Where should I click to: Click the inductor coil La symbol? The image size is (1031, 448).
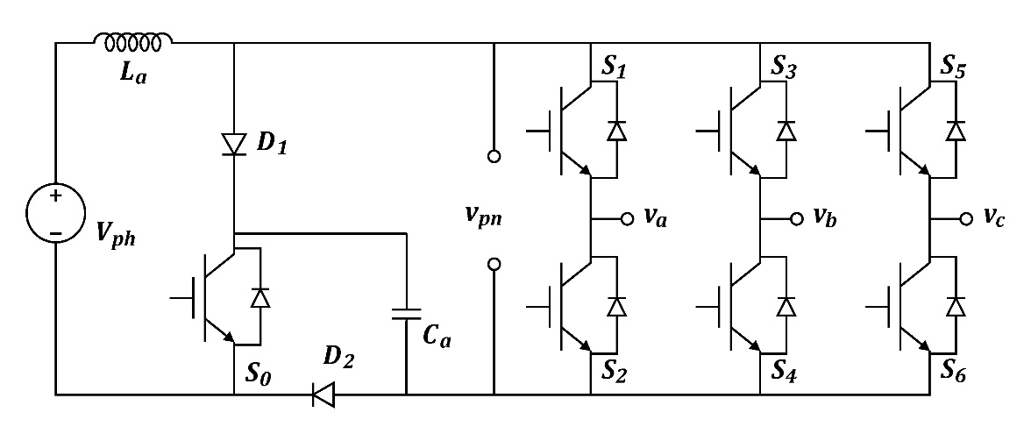[x=133, y=41]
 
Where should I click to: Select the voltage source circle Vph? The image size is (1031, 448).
[x=55, y=215]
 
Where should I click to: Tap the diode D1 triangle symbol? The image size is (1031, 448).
[x=234, y=144]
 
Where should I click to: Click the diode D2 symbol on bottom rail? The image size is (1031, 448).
[x=324, y=395]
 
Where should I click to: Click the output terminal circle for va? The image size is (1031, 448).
[x=627, y=218]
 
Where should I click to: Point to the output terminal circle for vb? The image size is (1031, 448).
[x=796, y=218]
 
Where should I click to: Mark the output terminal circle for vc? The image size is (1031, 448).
[x=965, y=218]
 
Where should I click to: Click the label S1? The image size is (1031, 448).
[x=613, y=67]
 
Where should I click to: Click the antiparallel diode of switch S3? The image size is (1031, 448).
[x=786, y=131]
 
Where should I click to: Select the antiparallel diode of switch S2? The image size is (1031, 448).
[x=617, y=306]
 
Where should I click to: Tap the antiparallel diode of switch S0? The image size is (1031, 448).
[x=260, y=298]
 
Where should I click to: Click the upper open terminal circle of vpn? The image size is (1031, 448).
[x=494, y=157]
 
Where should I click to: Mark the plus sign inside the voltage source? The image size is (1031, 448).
[x=54, y=196]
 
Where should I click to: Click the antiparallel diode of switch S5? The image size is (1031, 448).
[x=956, y=131]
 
